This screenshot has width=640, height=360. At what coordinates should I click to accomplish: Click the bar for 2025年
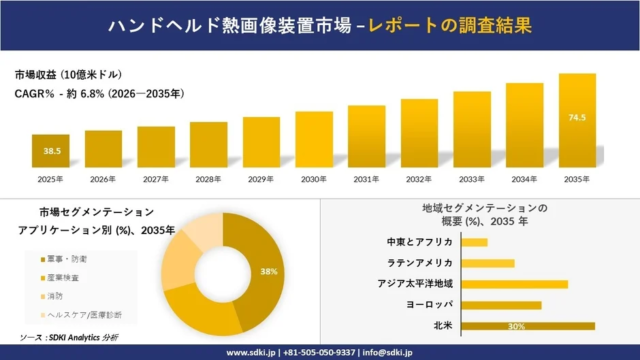(51, 151)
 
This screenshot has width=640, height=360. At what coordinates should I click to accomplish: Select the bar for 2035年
(577, 120)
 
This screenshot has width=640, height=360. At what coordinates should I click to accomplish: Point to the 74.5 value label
(577, 118)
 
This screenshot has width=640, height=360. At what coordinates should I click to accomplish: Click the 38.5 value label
(52, 151)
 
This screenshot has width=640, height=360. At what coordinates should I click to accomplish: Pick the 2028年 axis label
(209, 179)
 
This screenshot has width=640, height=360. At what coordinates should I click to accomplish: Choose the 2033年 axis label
(472, 179)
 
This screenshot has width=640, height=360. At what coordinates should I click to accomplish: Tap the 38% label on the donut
(268, 272)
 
